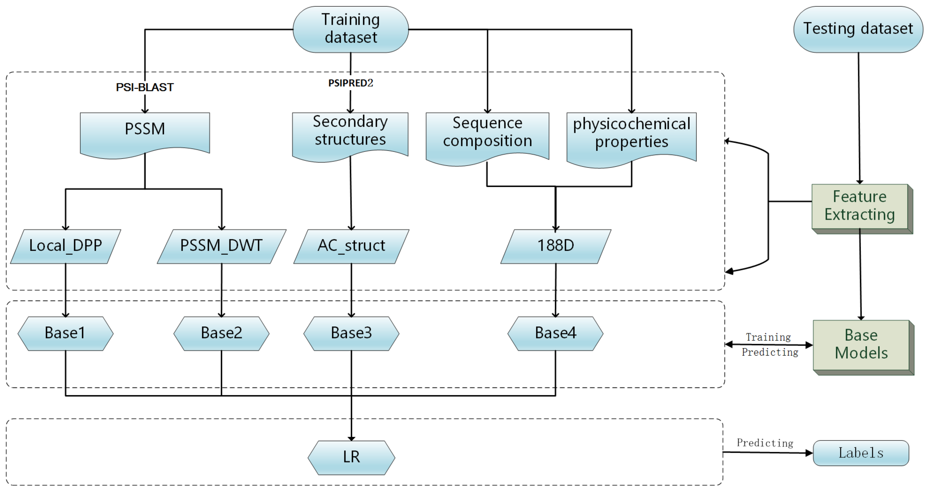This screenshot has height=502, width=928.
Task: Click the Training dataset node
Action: [351, 29]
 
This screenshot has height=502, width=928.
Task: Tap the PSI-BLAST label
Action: [145, 87]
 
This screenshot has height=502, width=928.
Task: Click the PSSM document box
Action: [145, 132]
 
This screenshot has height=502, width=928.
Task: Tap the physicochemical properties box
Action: [631, 135]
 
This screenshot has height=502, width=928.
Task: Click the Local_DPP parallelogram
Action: [66, 246]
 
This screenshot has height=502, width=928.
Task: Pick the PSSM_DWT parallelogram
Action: [221, 246]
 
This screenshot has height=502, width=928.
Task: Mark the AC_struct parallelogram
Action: [351, 246]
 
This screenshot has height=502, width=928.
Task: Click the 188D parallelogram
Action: [555, 246]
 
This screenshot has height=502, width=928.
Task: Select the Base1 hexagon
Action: [66, 333]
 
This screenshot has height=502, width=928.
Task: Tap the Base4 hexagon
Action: [555, 333]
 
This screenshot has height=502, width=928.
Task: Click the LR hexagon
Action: [351, 457]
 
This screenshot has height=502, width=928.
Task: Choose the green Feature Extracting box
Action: [859, 206]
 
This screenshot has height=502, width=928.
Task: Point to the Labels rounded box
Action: [861, 453]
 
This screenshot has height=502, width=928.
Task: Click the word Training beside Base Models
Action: [768, 337]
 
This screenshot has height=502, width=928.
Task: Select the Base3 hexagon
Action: [351, 333]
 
